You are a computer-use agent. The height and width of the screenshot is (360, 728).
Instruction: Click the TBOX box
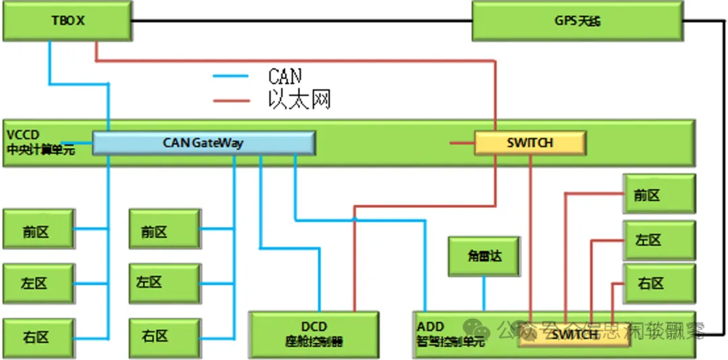(x=67, y=21)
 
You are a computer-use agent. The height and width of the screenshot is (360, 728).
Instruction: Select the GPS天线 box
(x=577, y=21)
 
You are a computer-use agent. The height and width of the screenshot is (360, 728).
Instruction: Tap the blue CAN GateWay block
(x=204, y=143)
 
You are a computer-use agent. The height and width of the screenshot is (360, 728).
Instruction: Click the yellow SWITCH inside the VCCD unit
(x=530, y=143)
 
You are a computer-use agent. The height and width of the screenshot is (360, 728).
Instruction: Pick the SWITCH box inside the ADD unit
(x=574, y=335)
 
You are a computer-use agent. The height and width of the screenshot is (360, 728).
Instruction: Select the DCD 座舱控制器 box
(x=314, y=334)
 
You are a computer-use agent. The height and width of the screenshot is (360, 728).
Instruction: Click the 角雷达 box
(x=484, y=257)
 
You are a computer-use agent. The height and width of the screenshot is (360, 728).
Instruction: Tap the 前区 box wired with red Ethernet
(x=659, y=195)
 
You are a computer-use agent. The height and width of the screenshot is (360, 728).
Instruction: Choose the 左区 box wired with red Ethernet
(x=659, y=240)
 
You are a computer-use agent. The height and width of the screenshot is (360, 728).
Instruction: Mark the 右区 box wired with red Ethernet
(x=659, y=284)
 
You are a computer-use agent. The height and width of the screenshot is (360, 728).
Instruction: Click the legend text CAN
(x=284, y=76)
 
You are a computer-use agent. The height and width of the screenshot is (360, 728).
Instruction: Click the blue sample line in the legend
(x=231, y=76)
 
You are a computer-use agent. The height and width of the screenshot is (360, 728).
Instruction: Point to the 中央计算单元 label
(x=40, y=150)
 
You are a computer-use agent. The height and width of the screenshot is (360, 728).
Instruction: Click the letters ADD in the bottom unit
(x=431, y=327)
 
